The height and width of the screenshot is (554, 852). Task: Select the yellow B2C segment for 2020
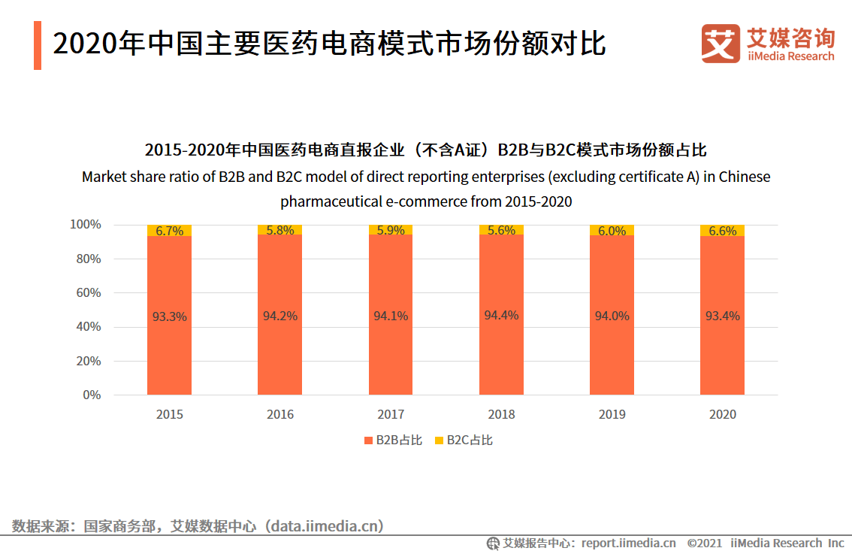[722, 230]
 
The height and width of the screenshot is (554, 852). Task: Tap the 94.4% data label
[501, 316]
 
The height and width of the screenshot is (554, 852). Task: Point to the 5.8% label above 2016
[280, 231]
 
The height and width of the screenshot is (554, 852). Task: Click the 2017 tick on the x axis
[391, 414]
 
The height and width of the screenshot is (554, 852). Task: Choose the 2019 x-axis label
[612, 414]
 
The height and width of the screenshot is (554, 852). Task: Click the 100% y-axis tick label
[85, 225]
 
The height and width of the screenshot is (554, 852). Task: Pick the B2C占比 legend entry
[463, 440]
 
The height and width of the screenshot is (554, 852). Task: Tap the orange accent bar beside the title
[38, 46]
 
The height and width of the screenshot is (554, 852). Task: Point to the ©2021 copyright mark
[704, 543]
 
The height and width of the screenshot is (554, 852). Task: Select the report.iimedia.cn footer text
[628, 543]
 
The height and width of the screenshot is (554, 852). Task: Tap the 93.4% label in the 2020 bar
[722, 316]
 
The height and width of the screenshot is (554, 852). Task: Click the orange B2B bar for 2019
[612, 353]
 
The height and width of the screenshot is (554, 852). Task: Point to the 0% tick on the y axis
[92, 395]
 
